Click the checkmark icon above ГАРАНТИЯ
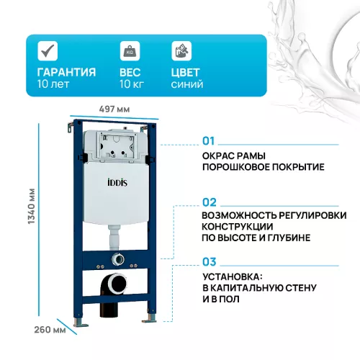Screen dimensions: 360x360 click(48, 50)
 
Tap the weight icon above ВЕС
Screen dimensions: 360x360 click(130, 50)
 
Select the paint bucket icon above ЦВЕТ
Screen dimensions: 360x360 click(181, 50)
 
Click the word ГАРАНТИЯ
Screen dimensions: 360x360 click(67, 72)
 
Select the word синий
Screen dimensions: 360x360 click(186, 84)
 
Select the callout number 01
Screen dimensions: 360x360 click(209, 140)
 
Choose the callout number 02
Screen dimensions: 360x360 click(209, 202)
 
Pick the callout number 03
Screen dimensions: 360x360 click(209, 262)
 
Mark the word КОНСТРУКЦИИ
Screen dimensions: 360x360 click(236, 226)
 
